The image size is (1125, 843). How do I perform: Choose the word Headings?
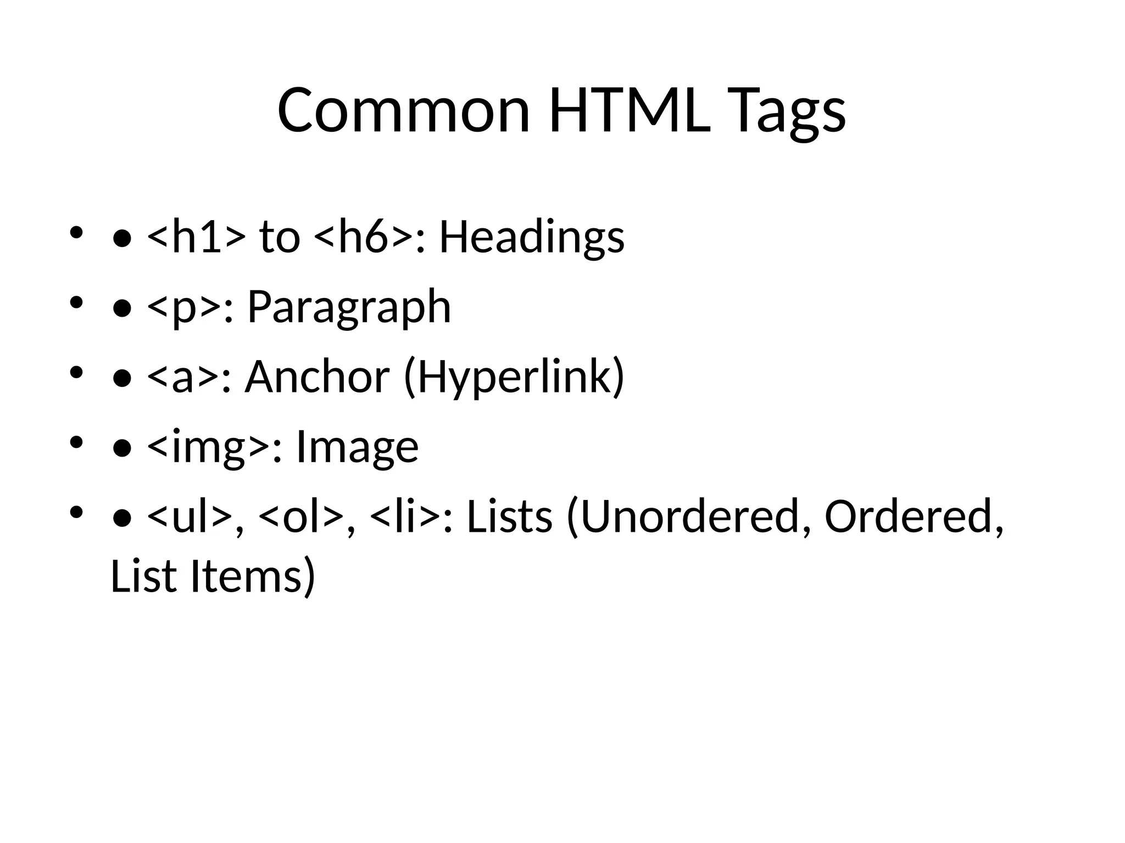532,238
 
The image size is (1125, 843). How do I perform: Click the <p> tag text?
185,307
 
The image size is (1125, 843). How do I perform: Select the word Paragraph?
349,308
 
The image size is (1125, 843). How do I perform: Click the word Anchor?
317,377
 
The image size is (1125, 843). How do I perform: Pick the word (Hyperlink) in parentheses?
514,378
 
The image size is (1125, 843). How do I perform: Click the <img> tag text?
208,447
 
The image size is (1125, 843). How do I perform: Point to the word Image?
357,447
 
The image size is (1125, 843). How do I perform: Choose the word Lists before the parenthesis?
509,517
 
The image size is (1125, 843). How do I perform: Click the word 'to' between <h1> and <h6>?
280,237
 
